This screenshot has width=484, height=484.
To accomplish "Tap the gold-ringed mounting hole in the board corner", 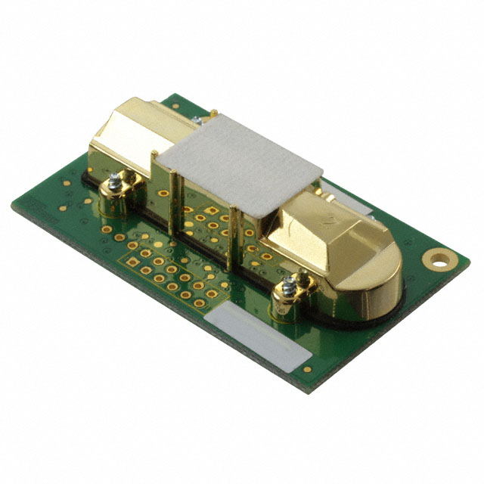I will (x=437, y=259).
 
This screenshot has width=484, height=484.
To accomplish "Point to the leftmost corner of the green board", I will (x=13, y=206).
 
